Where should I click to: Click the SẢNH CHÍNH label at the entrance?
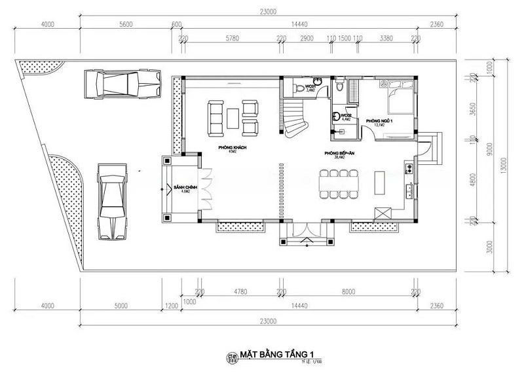[181, 189]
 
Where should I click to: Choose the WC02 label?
[345, 117]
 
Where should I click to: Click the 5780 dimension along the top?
[231, 39]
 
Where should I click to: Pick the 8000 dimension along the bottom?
[348, 293]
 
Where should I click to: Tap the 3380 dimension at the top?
[386, 39]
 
